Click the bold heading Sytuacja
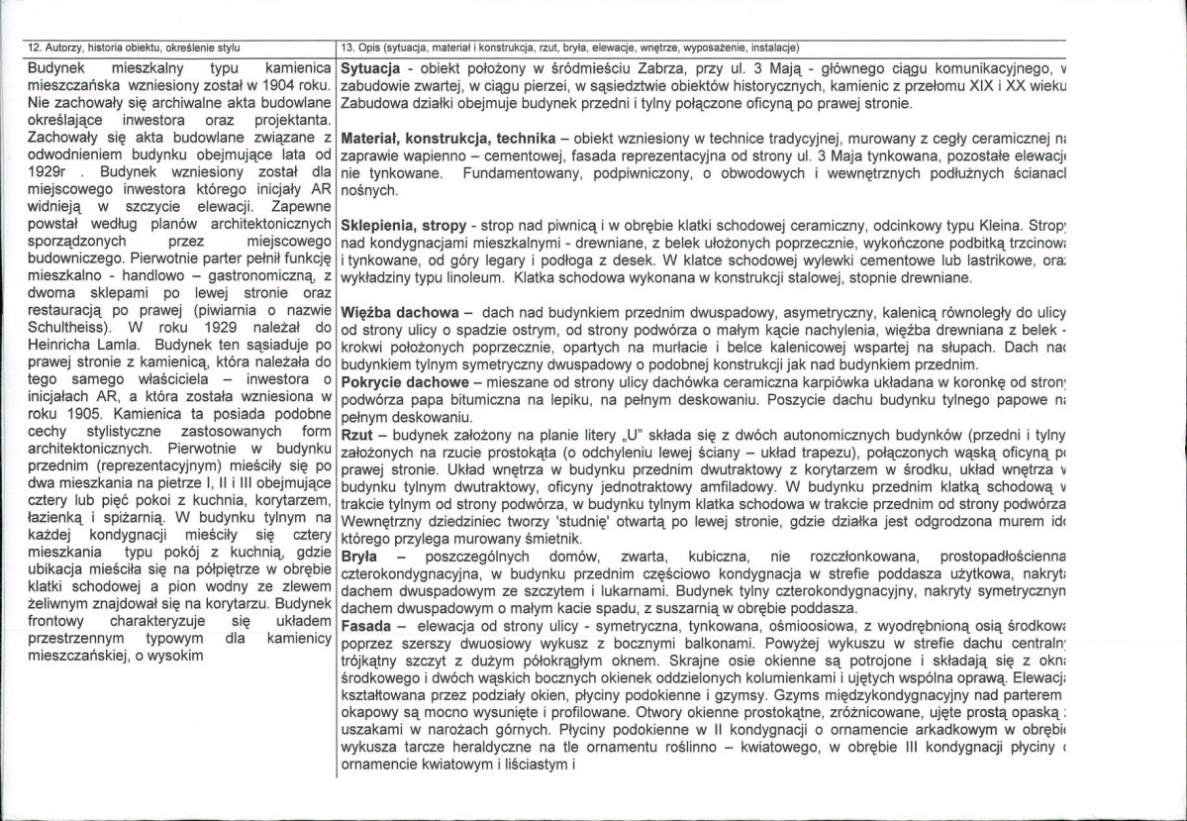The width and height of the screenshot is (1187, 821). (x=369, y=70)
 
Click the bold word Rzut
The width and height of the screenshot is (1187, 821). (x=355, y=435)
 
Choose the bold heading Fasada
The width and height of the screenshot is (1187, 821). (x=363, y=626)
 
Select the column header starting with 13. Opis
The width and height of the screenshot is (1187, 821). (x=569, y=47)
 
